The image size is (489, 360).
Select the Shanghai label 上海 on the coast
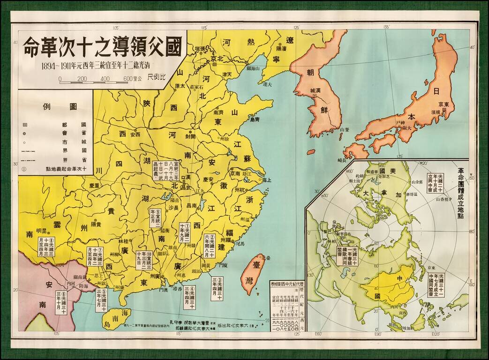pyautogui.click(x=266, y=180)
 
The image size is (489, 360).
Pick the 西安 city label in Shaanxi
pyautogui.click(x=135, y=134)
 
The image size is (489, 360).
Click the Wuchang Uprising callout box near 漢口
pyautogui.click(x=169, y=168)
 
